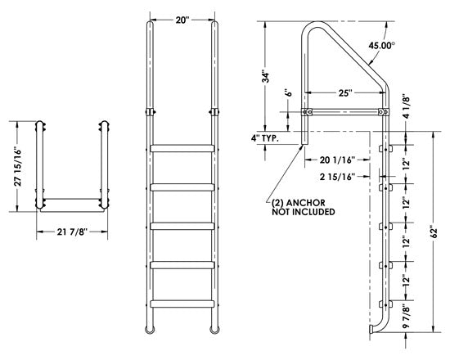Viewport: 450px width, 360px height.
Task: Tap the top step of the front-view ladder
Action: pyautogui.click(x=182, y=149)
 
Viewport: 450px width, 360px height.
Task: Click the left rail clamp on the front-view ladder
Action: pyautogui.click(x=149, y=110)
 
